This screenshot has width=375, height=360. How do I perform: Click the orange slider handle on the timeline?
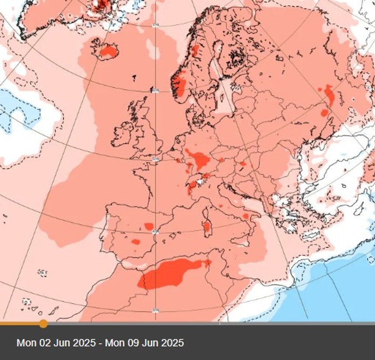point(43,324)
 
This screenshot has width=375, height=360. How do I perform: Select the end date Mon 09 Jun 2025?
point(144,343)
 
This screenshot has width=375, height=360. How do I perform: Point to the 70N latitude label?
point(155,25)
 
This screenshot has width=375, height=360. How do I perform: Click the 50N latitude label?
point(155,159)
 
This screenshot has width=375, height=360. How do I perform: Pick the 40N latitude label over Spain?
point(155,232)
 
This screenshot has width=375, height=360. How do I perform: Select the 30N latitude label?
point(155,311)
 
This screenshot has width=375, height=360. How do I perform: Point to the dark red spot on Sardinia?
point(206,227)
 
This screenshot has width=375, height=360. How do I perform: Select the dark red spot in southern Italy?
point(245,216)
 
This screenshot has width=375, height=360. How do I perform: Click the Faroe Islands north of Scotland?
point(134,79)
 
